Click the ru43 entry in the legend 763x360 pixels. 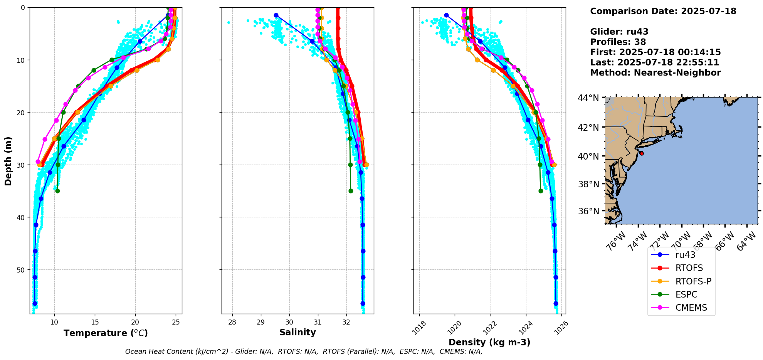click(685, 255)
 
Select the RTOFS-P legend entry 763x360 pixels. click(693, 281)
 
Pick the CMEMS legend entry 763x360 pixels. click(691, 308)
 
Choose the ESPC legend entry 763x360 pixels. click(686, 294)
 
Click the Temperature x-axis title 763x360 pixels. click(106, 333)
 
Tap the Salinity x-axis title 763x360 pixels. click(297, 332)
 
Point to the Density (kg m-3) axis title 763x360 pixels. click(489, 342)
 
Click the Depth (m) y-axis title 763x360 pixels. click(8, 161)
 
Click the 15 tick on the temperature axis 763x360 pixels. click(95, 322)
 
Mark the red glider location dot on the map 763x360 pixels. click(641, 153)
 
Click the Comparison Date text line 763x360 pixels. click(663, 11)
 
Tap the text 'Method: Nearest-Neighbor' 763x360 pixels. click(655, 72)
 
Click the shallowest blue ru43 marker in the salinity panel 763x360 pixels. click(276, 15)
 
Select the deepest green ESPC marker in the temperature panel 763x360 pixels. click(57, 191)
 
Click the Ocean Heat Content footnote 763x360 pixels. click(304, 352)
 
